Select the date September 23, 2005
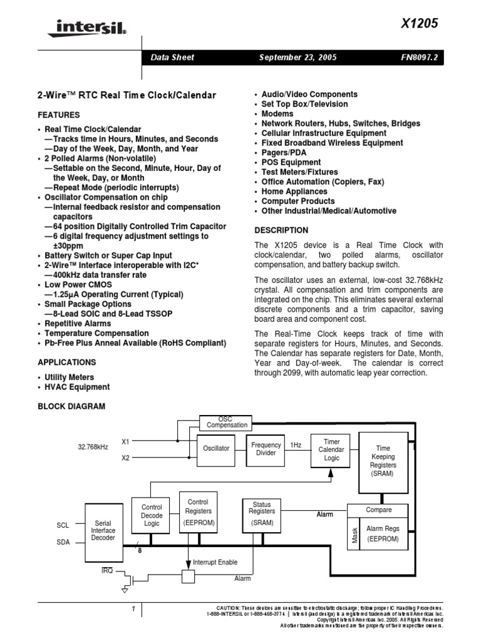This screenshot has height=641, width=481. [297, 58]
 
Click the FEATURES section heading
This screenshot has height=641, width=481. [59, 115]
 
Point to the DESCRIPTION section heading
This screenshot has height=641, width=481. [281, 230]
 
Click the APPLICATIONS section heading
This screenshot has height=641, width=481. [67, 362]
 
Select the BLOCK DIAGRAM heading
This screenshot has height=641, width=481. [71, 406]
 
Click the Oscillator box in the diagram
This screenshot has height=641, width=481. [217, 448]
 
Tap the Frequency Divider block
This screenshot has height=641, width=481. [266, 449]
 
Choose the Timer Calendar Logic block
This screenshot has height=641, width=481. [331, 449]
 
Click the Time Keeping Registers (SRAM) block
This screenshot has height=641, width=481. [383, 462]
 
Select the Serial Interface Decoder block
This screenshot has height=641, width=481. [103, 530]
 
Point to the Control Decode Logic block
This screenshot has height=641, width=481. [151, 515]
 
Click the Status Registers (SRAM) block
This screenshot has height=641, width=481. [262, 513]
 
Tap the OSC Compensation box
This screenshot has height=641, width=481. [227, 423]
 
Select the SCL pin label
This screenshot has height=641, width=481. [63, 526]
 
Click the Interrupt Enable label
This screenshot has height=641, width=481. [215, 562]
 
